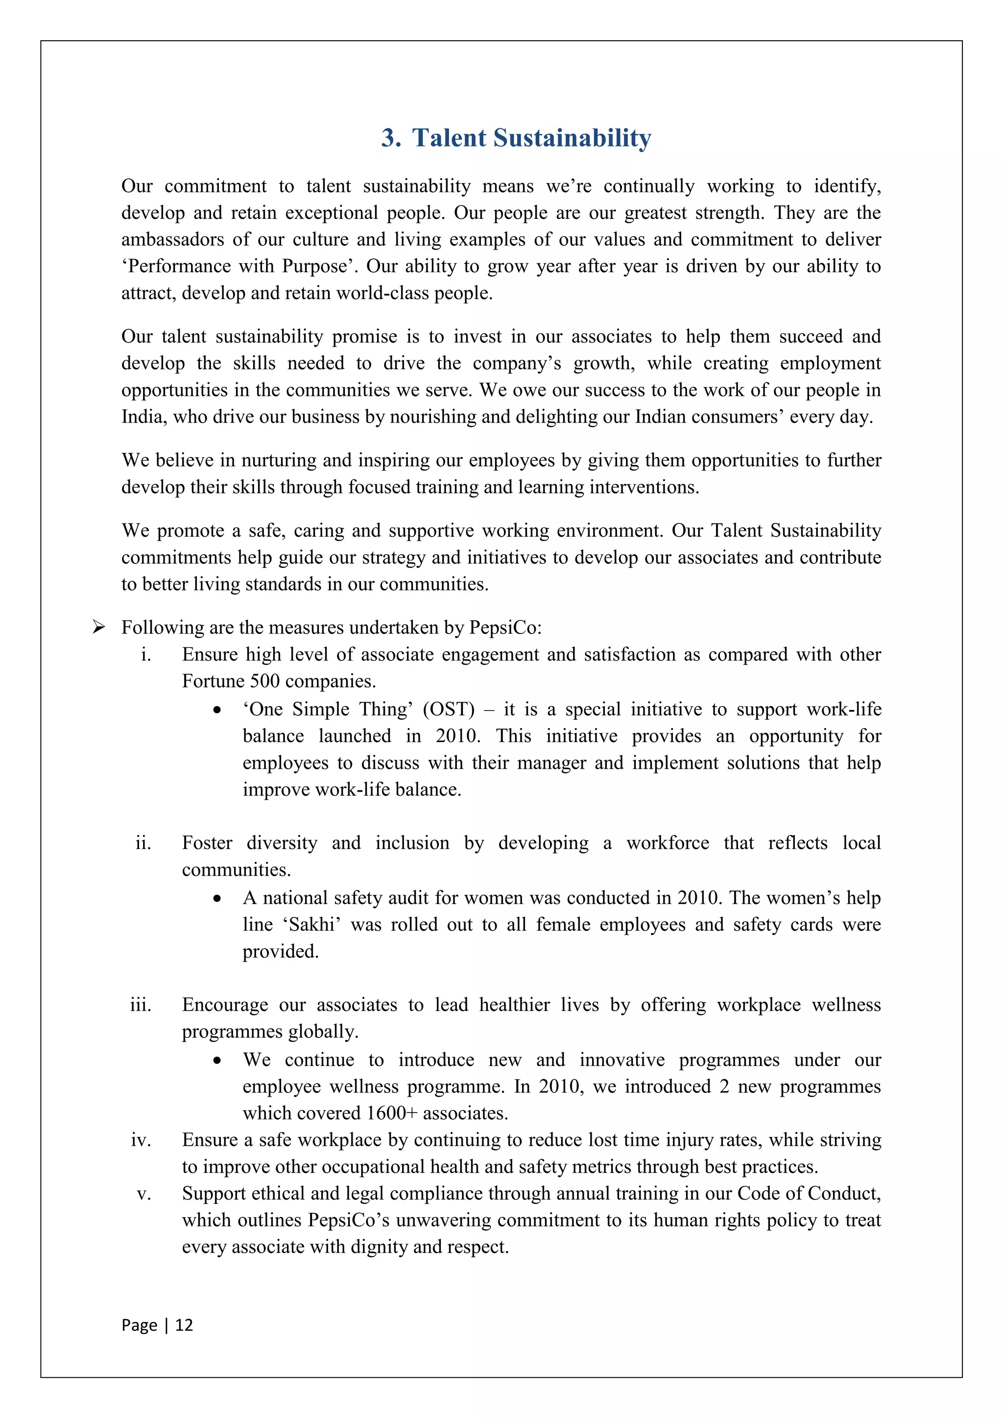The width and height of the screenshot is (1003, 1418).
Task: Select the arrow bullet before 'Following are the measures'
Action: pyautogui.click(x=98, y=628)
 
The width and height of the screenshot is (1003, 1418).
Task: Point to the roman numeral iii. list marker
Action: pyautogui.click(x=140, y=1005)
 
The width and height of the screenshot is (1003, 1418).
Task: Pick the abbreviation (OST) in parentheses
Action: pyautogui.click(x=449, y=709)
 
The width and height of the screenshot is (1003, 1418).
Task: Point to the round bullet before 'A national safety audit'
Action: pyautogui.click(x=217, y=898)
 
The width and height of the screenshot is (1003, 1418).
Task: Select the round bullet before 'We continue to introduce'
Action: pyautogui.click(x=217, y=1061)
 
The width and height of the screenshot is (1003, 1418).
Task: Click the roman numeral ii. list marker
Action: pyautogui.click(x=143, y=843)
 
